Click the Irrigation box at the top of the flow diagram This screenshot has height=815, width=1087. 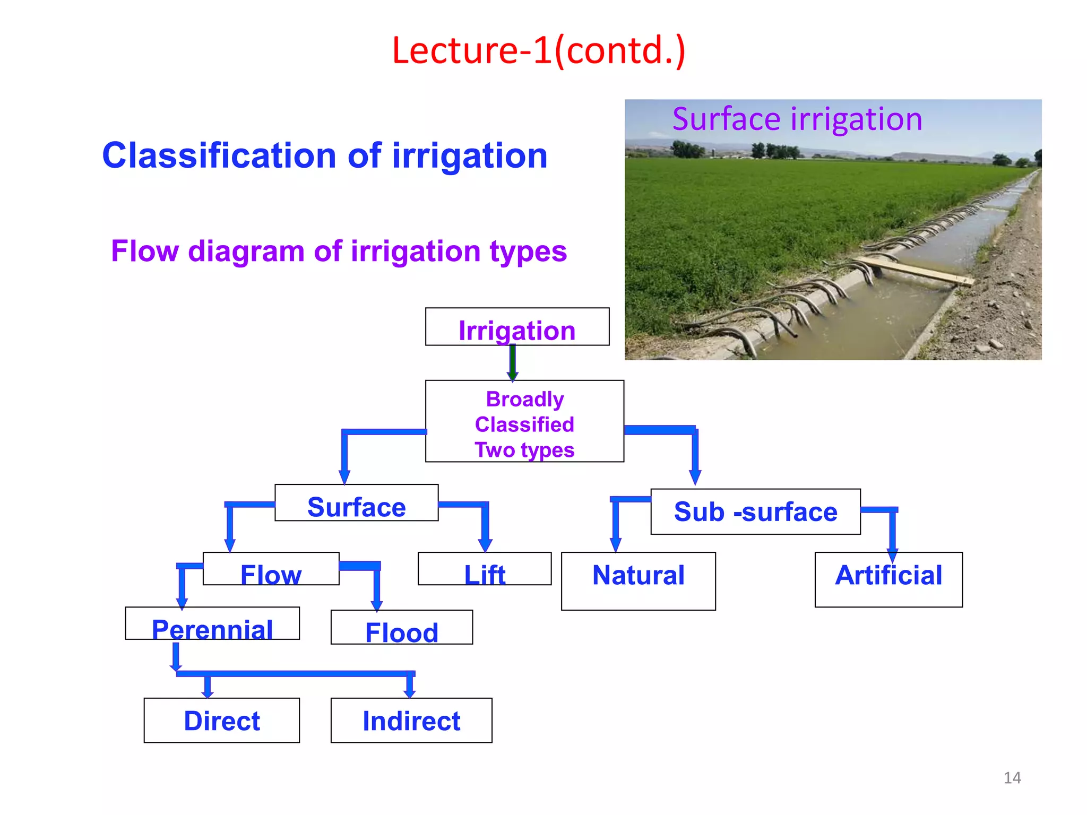tap(517, 327)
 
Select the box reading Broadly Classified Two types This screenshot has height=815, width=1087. tap(524, 421)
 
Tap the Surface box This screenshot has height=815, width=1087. tap(356, 503)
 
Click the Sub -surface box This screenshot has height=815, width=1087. tap(755, 511)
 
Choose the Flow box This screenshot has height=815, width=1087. tap(271, 569)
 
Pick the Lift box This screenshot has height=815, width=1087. tap(485, 569)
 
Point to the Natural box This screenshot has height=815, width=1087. tap(638, 581)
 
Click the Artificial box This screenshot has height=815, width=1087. tap(888, 579)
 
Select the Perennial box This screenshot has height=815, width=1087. tap(212, 624)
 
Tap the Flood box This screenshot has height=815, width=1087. tap(401, 628)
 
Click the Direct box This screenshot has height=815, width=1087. tap(221, 721)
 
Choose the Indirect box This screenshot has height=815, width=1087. tap(411, 721)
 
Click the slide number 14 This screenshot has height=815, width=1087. tap(1012, 778)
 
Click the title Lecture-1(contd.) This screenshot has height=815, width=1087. tap(539, 50)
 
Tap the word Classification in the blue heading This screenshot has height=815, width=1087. tap(219, 156)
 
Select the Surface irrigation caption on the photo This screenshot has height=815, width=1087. tap(797, 119)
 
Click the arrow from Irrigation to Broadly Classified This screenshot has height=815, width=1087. tap(513, 362)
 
